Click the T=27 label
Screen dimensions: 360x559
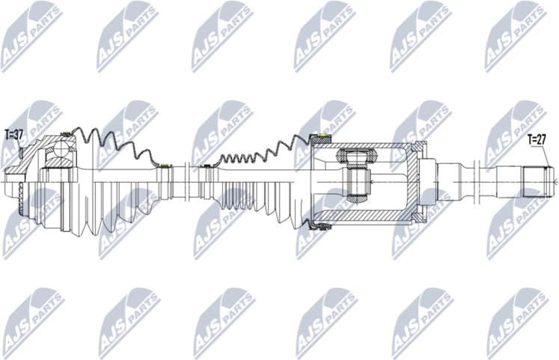pyautogui.click(x=537, y=138)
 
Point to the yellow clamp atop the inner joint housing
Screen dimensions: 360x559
pyautogui.click(x=323, y=137)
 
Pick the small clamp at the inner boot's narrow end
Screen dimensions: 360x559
pyautogui.click(x=205, y=165)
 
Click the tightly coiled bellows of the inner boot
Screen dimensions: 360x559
pyautogui.click(x=247, y=158)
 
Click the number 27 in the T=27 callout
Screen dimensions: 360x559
pyautogui.click(x=542, y=138)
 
